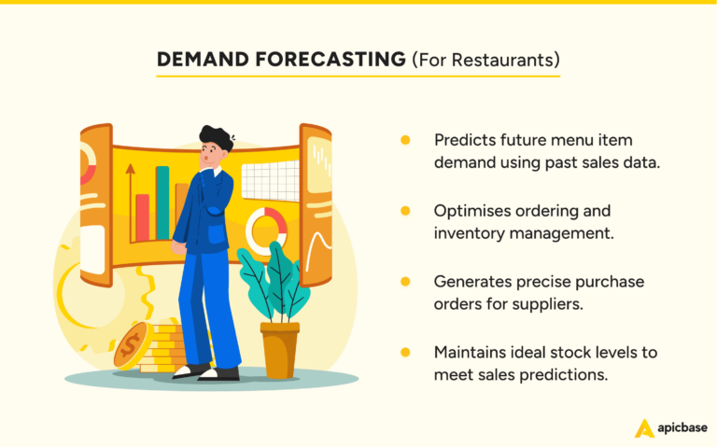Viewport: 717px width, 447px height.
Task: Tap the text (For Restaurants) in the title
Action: pos(485,60)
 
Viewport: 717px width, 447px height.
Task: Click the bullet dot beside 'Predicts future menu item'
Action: pos(405,140)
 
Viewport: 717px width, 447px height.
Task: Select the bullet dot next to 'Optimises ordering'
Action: pos(405,211)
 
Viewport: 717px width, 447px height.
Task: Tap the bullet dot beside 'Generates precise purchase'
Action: pos(405,281)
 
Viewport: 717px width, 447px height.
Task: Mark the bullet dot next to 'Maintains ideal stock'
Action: pos(405,353)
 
